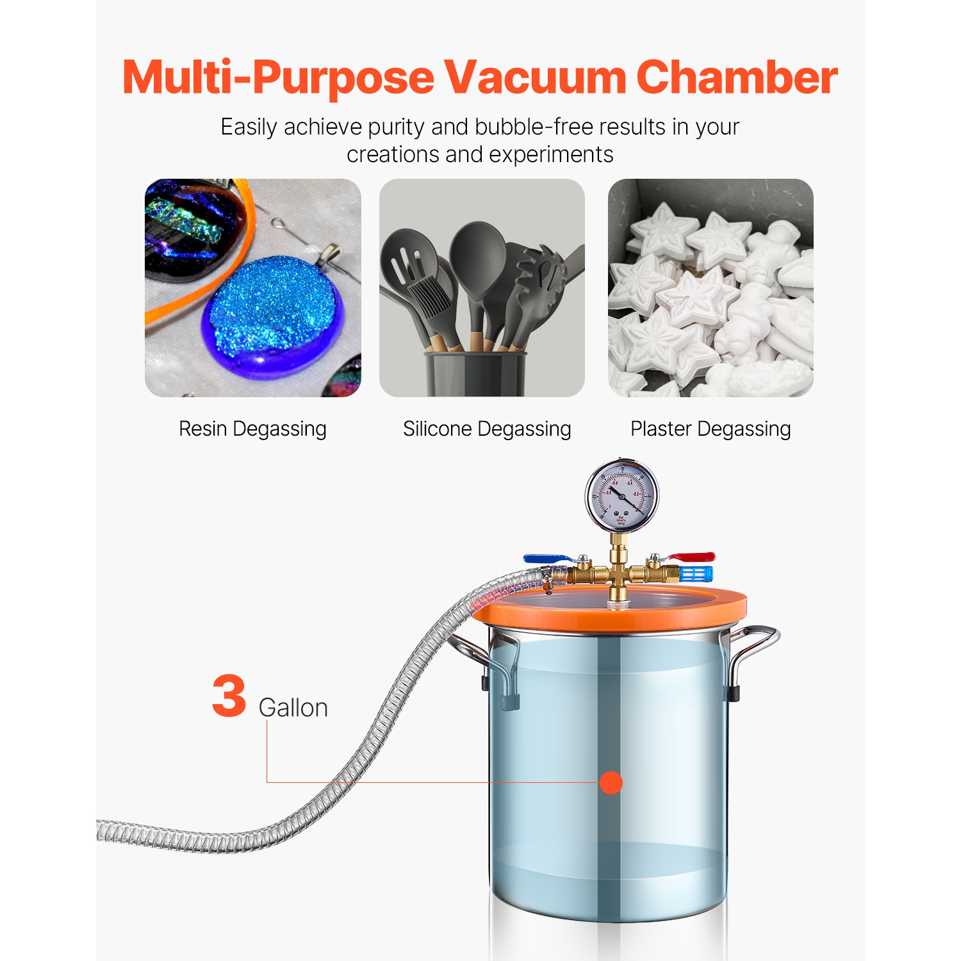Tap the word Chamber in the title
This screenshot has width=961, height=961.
pos(737,78)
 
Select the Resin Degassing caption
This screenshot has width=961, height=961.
pos(252,429)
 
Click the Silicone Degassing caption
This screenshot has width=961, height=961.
pos(487,429)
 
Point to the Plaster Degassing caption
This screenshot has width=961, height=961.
pos(710,429)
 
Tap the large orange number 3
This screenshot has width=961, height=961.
pos(229,696)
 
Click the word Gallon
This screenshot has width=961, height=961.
pos(293,708)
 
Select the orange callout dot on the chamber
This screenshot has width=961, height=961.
pos(611,782)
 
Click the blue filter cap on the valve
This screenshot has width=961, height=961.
pos(696,574)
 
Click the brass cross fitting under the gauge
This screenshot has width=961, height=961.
pos(618,572)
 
